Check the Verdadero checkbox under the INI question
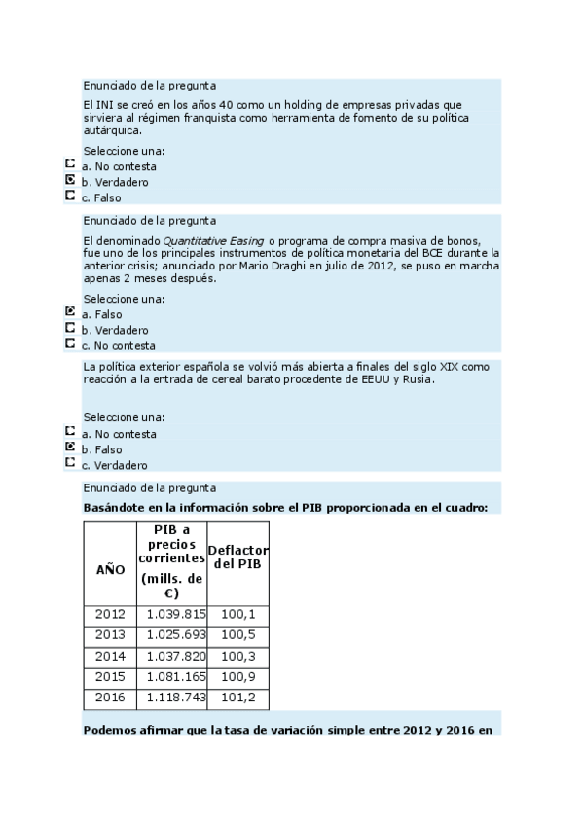pyautogui.click(x=70, y=181)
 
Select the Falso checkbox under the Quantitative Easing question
pyautogui.click(x=70, y=313)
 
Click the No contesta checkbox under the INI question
pyautogui.click(x=70, y=165)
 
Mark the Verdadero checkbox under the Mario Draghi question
pyautogui.click(x=70, y=329)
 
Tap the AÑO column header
pyautogui.click(x=110, y=569)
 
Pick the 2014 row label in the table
pyautogui.click(x=110, y=656)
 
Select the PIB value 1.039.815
pyautogui.click(x=176, y=614)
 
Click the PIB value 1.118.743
pyautogui.click(x=176, y=699)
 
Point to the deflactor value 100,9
pyautogui.click(x=238, y=677)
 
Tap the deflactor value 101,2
pyautogui.click(x=238, y=699)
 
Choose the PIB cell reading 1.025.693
pyautogui.click(x=176, y=634)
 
